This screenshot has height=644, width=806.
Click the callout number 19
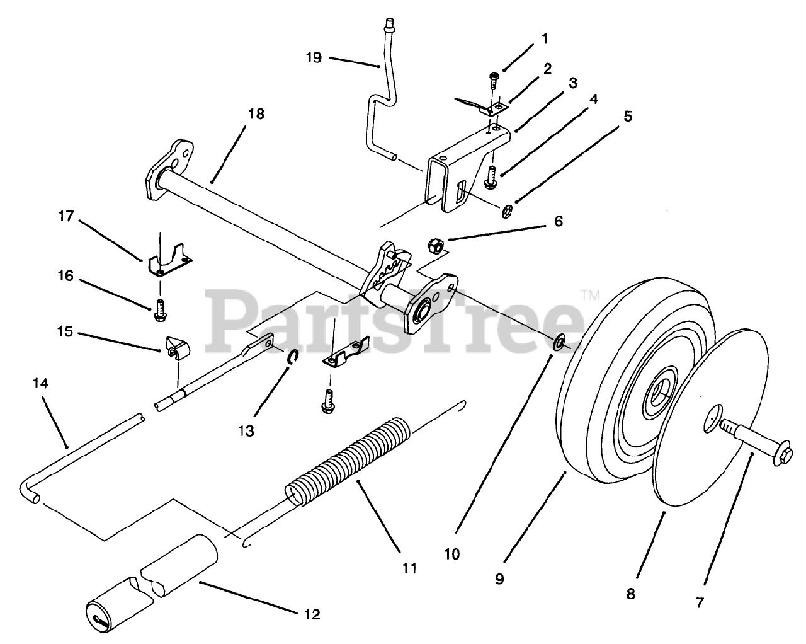pos(314,57)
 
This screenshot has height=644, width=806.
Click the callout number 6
pos(558,221)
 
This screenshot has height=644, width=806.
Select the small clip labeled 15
pos(174,348)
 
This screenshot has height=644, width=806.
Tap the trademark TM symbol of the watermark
pos(589,294)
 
